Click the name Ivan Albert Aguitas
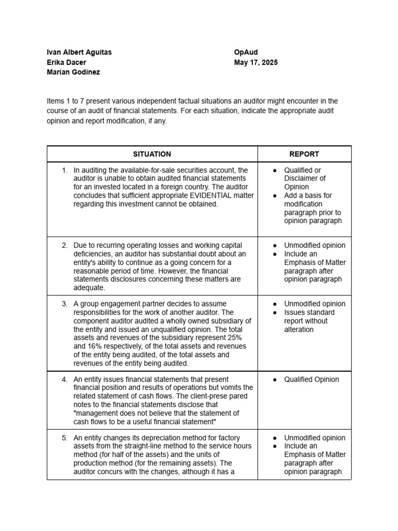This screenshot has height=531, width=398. (79, 52)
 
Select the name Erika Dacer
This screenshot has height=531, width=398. (66, 62)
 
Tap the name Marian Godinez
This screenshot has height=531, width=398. (73, 72)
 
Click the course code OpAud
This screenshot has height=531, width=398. (246, 52)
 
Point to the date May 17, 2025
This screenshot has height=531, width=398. (255, 62)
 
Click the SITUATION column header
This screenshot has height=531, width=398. (152, 154)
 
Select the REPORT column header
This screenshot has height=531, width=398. (304, 154)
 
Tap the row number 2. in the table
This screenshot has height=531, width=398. (65, 245)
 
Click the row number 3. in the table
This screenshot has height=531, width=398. (65, 304)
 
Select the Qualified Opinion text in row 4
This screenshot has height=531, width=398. (311, 380)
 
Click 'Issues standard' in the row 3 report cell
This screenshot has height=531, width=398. (309, 312)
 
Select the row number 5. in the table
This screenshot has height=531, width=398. (65, 438)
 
